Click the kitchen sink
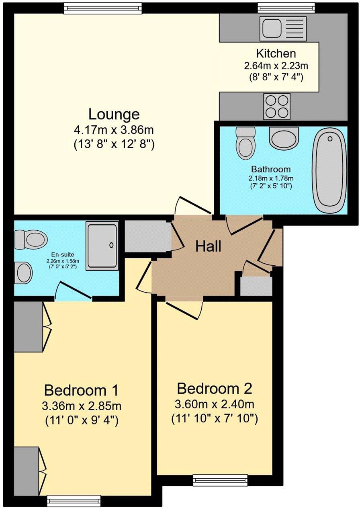coord(283,28)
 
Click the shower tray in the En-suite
coord(102,245)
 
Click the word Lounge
coord(114,114)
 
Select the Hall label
coord(208,246)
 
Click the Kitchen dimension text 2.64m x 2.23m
coord(276,65)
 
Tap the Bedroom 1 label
coord(82,390)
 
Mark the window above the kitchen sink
coord(286,7)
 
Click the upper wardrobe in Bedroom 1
coord(28,326)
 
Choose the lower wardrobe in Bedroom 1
coord(27,471)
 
